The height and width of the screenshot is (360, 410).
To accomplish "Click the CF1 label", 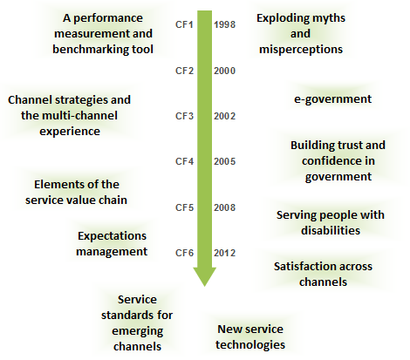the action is pos(184,24).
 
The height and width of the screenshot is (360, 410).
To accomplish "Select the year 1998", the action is pos(225,24).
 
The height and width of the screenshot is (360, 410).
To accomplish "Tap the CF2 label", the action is pos(184,71).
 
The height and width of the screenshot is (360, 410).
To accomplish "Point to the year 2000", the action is pos(225,71).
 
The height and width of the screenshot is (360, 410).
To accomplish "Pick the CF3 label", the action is pos(184,116).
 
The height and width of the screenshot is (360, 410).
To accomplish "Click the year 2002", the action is pos(225,116).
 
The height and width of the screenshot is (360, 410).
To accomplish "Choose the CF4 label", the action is pos(184,161).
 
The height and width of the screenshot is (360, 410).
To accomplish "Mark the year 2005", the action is pos(225,161).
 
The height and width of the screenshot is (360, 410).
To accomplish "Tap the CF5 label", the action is pos(184,207).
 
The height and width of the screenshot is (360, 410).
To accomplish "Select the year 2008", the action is pos(225,207).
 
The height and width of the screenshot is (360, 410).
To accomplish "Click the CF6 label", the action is pos(184,253).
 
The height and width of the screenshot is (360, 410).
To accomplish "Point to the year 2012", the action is pos(225,253).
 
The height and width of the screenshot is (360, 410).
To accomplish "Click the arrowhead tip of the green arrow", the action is pos(205,286).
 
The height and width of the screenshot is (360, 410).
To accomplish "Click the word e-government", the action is pos(332,99).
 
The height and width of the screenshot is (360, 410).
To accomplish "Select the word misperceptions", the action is pos(301,50).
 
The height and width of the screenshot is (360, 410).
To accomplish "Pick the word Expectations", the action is pos(112,236).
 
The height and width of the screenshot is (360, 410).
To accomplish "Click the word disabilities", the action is pos(331,230).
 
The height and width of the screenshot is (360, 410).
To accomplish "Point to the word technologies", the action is pos(250,345).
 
